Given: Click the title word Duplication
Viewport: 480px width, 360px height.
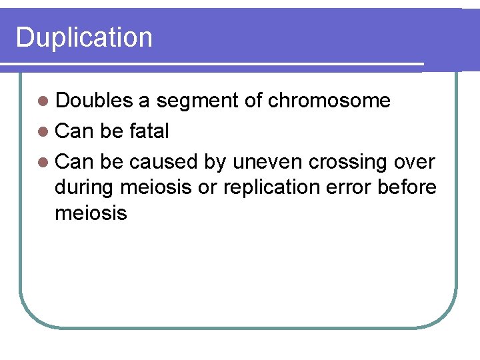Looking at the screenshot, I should (84, 37).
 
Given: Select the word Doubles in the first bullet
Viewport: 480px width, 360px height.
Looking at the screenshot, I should (94, 101).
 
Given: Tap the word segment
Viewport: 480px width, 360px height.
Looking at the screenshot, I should (197, 101).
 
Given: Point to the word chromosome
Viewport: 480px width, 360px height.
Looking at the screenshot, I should (329, 101).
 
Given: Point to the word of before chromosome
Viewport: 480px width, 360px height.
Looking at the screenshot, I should (253, 101).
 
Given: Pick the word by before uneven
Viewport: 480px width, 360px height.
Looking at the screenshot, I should (215, 162).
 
